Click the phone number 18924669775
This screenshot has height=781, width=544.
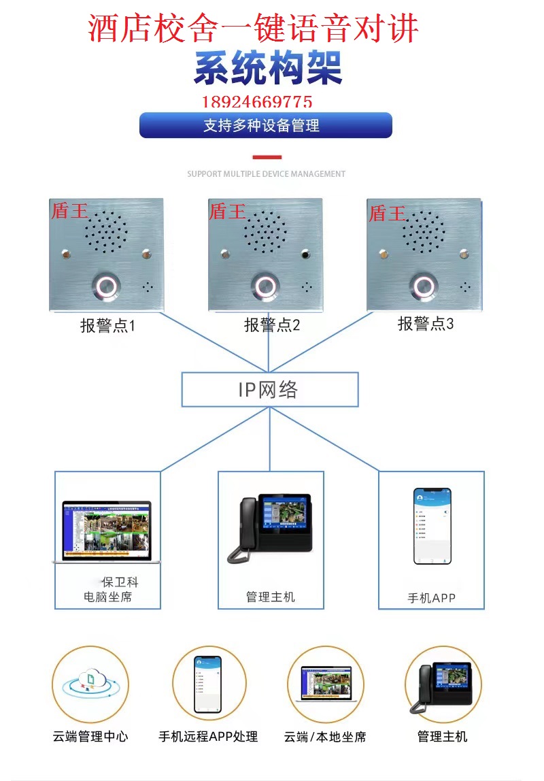(257, 102)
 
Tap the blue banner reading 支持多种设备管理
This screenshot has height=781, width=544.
(265, 125)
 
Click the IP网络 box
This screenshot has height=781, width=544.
(269, 390)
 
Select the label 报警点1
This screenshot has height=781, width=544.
(107, 326)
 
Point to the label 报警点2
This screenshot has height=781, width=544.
(272, 325)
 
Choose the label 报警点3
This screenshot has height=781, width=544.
(426, 323)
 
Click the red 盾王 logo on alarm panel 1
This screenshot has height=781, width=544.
(69, 211)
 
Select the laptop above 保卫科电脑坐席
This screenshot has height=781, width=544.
(107, 532)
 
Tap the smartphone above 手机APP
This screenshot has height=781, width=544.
(432, 525)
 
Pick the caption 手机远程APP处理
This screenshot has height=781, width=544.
(208, 737)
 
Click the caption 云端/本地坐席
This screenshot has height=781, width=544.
(325, 737)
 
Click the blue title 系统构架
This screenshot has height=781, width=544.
(268, 68)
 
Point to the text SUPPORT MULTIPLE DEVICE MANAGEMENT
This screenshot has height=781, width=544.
(267, 174)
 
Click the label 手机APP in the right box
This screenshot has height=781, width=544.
(431, 598)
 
